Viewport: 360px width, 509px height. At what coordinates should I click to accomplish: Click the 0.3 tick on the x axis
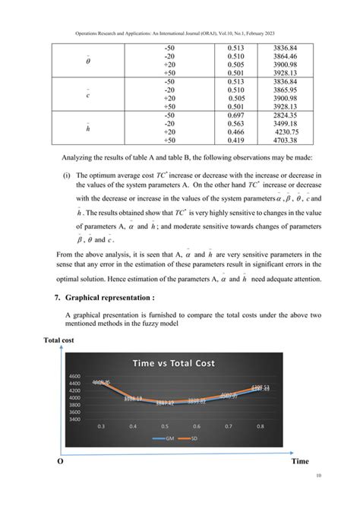(x=100, y=427)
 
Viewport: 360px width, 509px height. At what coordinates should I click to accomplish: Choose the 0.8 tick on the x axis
(x=283, y=427)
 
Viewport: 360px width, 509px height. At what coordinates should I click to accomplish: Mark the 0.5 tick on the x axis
(x=173, y=427)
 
